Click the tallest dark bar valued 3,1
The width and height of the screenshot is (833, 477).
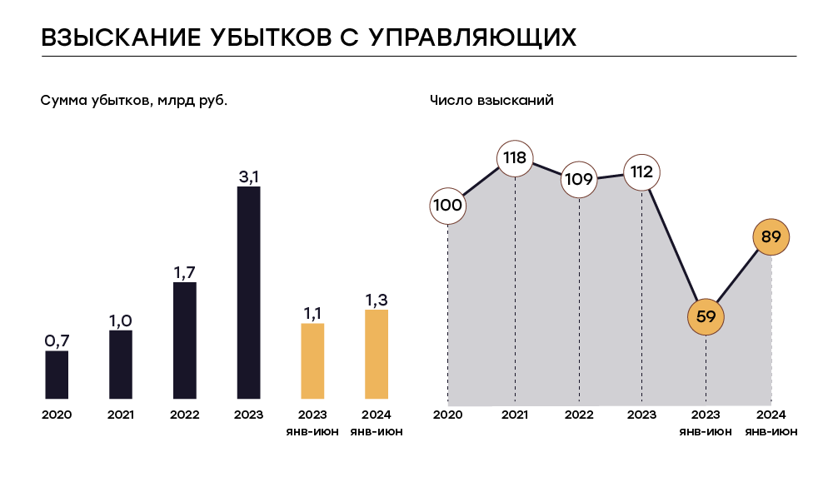248,293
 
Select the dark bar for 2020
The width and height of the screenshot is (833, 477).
57,375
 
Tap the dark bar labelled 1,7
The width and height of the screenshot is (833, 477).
185,341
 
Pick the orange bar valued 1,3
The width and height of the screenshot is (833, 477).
377,355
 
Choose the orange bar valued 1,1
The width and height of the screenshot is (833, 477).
312,361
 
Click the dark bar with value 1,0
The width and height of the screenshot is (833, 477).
121,365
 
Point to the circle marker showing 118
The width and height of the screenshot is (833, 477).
515,159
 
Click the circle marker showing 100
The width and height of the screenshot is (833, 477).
448,206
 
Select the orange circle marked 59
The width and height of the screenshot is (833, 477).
706,316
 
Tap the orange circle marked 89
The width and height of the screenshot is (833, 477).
771,237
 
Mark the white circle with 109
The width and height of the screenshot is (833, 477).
579,178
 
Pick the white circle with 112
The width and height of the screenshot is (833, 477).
641,172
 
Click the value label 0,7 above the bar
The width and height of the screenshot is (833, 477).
57,340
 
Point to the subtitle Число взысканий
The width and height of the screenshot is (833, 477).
491,101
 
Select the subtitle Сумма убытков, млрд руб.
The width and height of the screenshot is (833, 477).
134,101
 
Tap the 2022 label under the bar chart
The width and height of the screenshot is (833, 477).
185,415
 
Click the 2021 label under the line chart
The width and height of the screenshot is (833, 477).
515,415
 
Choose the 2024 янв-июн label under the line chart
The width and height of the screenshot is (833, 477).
771,423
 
